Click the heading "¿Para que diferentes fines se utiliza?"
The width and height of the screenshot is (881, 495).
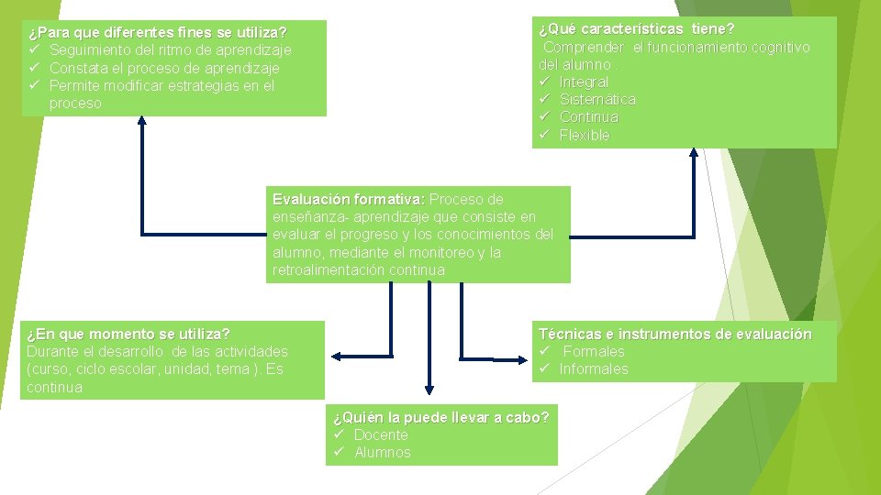[x=157, y=33]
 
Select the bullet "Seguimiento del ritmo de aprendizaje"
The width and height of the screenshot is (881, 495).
[x=170, y=50]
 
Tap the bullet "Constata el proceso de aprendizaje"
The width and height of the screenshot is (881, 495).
[x=164, y=68]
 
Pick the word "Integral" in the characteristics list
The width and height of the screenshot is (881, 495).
[x=584, y=82]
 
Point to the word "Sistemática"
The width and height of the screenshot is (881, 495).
[x=597, y=100]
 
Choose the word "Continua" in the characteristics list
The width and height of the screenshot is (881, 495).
[x=589, y=117]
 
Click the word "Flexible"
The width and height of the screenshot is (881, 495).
[x=585, y=136]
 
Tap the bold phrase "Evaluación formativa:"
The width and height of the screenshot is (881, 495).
[x=349, y=199]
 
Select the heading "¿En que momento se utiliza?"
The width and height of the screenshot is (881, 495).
[x=128, y=334]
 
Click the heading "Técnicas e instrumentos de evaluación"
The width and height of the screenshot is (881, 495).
[x=675, y=335]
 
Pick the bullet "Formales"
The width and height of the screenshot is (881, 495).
[x=594, y=352]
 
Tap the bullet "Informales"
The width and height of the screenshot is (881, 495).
[x=594, y=369]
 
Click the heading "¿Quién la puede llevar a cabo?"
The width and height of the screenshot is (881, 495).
[x=440, y=418]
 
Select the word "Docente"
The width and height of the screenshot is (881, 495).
[x=381, y=435]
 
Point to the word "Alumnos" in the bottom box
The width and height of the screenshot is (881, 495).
[x=383, y=453]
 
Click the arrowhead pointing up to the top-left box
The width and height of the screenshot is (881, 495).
[x=142, y=121]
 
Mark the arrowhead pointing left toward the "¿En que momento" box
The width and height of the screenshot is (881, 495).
[x=337, y=356]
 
